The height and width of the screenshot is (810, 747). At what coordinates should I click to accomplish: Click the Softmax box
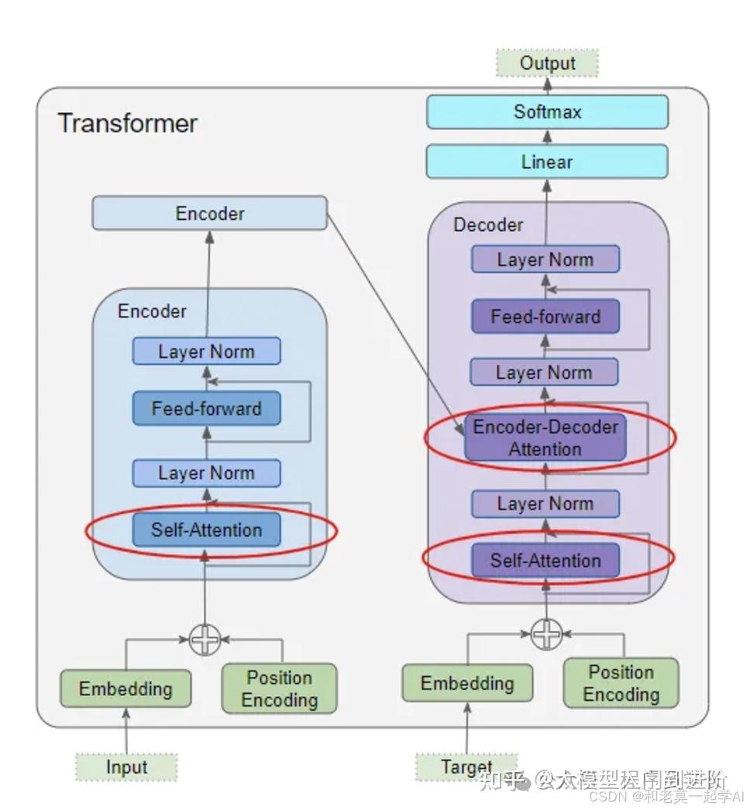click(x=547, y=112)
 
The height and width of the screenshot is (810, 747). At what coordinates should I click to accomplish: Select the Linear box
click(x=547, y=162)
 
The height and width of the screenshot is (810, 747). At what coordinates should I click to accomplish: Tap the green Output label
click(x=547, y=63)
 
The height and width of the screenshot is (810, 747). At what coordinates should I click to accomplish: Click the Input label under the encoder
click(x=126, y=767)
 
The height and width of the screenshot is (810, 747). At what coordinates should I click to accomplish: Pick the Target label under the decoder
click(x=466, y=767)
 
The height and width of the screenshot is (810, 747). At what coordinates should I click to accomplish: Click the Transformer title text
click(x=128, y=123)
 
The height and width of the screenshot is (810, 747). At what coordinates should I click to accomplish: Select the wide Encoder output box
click(x=209, y=213)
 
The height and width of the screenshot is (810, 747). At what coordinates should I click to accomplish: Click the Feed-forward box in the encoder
click(x=206, y=408)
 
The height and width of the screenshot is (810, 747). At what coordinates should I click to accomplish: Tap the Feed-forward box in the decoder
click(x=545, y=317)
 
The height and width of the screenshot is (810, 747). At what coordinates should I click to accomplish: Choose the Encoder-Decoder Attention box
click(x=545, y=438)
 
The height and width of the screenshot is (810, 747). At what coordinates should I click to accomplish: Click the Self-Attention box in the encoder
click(x=206, y=530)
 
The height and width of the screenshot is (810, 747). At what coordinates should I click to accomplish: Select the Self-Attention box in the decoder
click(x=545, y=560)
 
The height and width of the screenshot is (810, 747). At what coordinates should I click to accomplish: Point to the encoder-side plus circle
click(x=205, y=640)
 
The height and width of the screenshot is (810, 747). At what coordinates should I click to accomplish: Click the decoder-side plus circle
click(x=546, y=634)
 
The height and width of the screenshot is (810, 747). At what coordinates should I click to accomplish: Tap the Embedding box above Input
click(x=126, y=688)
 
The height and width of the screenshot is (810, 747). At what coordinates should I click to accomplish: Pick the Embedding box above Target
click(x=466, y=683)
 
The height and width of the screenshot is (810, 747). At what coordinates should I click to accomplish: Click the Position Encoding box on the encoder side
click(x=279, y=688)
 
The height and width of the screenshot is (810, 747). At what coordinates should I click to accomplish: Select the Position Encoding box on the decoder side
click(x=621, y=683)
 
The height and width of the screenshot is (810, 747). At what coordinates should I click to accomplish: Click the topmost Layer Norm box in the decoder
click(x=545, y=259)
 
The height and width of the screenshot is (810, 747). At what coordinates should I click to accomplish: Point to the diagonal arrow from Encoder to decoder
click(x=395, y=317)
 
